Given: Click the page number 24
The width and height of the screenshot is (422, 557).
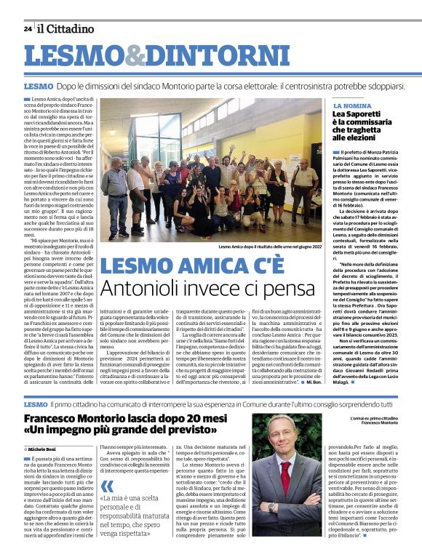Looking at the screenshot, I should [28, 29].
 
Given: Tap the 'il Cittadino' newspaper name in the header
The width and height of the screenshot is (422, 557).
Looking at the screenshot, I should [66, 29].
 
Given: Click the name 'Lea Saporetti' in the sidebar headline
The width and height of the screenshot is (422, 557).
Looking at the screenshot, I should [357, 115].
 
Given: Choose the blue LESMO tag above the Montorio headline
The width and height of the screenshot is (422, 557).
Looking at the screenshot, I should [36, 403].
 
